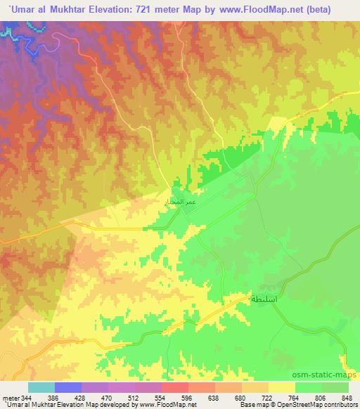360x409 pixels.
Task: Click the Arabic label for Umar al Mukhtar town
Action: click(179, 202)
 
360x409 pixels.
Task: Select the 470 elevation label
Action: click(111, 397)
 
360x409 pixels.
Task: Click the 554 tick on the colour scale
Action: click(171, 397)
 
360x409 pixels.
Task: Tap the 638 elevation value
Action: click(230, 397)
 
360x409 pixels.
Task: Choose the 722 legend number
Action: click(289, 397)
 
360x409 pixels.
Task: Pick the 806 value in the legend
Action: click(319, 397)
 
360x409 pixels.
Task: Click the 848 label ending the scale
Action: click(348, 397)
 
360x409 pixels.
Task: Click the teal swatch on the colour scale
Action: click(41, 387)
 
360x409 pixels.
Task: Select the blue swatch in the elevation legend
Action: click(67, 387)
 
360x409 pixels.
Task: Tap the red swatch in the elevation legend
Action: click(174, 387)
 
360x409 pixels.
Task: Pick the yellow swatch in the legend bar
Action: click(281, 387)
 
